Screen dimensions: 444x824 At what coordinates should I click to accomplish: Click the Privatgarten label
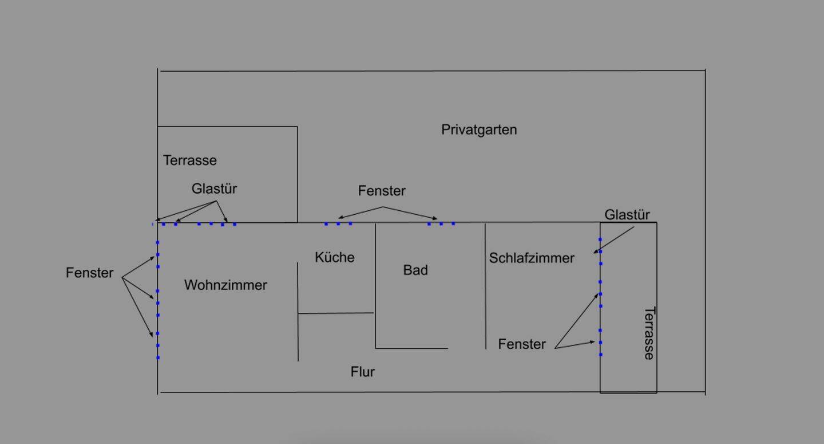click(x=479, y=130)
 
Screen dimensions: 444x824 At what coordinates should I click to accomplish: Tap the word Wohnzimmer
click(x=225, y=285)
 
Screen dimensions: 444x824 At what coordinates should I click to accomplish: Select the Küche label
click(x=335, y=258)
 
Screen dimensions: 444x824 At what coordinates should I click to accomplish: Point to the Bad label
click(x=415, y=270)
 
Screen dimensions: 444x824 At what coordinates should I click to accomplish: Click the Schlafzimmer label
click(x=532, y=258)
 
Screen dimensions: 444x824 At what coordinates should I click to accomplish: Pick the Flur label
click(x=363, y=372)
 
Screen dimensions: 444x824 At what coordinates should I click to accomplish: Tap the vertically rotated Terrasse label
click(x=649, y=333)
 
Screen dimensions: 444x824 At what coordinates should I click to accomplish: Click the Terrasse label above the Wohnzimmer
click(x=190, y=160)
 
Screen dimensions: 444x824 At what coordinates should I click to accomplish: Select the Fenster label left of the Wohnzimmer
click(x=90, y=273)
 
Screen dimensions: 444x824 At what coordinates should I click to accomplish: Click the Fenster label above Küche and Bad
click(x=382, y=191)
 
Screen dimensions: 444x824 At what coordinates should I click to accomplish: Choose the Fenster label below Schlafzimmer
click(x=522, y=344)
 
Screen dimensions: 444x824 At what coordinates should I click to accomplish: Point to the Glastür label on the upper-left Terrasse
click(x=214, y=189)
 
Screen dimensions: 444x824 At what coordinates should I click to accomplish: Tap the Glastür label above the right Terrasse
click(x=627, y=215)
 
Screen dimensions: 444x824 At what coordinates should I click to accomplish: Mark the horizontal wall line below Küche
click(x=336, y=313)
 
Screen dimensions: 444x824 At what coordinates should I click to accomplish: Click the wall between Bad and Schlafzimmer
click(x=485, y=286)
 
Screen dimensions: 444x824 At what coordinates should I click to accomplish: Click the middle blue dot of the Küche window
click(x=338, y=223)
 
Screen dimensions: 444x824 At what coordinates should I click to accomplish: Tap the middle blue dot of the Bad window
click(x=441, y=223)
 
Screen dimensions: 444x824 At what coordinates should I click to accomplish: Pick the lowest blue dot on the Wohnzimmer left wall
click(x=158, y=357)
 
